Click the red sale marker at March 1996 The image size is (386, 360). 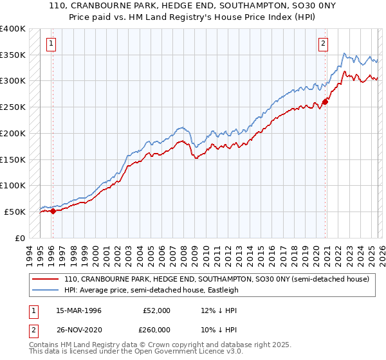tap(53, 210)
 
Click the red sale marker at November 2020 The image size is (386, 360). tap(326, 101)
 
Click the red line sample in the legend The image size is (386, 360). tap(45, 280)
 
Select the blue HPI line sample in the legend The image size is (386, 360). tap(45, 290)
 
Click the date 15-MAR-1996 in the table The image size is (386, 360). tap(78, 310)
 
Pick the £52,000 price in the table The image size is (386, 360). tap(156, 310)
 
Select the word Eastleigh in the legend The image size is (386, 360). tap(222, 290)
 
